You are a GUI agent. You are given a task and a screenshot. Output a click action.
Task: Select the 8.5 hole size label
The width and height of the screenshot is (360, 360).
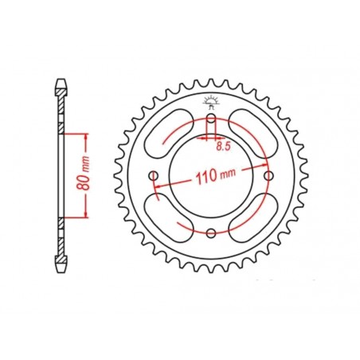coord(225,146)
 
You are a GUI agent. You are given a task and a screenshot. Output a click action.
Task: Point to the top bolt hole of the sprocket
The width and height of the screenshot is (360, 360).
coord(211,119)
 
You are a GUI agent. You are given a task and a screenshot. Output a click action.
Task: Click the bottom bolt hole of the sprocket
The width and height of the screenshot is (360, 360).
coord(211,233)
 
